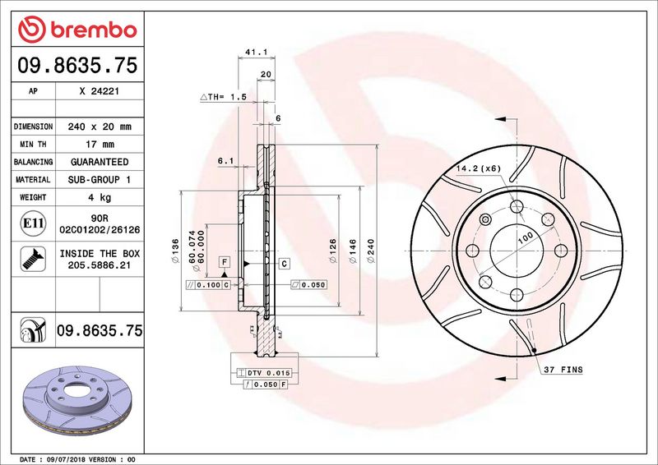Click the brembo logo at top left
tap(77, 30)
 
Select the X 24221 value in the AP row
tap(100, 91)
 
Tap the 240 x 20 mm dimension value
tap(100, 127)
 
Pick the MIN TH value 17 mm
tap(100, 145)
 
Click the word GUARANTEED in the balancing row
tap(100, 162)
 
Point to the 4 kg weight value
tap(100, 197)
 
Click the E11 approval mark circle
tap(33, 223)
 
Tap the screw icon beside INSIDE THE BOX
tap(33, 259)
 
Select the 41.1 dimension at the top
tap(257, 52)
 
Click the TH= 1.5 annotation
tap(223, 97)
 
